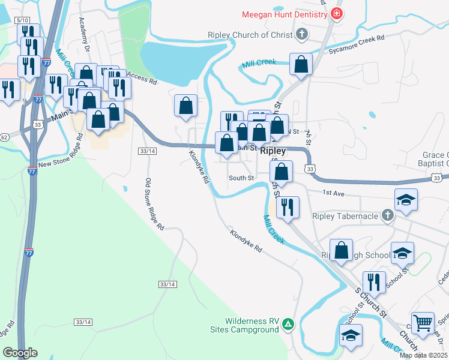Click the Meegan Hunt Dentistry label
pos(285,14)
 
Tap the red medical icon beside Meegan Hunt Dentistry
pos(337,14)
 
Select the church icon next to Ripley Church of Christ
pos(301,35)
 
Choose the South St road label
pos(241,178)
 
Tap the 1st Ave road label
pos(333,193)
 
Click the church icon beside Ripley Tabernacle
pos(388,215)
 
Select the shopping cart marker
pos(423,323)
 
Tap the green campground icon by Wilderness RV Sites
pos(289,324)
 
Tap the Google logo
pos(20,353)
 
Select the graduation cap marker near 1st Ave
pos(406,199)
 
